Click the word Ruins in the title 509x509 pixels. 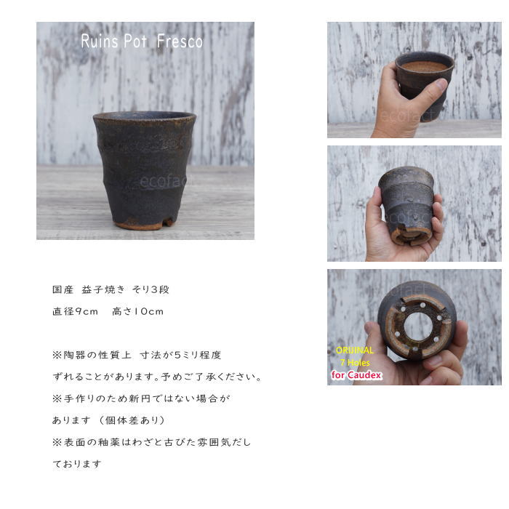tap(100, 41)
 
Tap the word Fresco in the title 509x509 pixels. tap(180, 41)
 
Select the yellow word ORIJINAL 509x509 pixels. tap(355, 350)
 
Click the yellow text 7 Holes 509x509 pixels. tap(355, 363)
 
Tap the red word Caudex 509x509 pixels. tap(364, 375)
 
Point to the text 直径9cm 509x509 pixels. tap(75, 311)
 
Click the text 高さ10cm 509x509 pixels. tap(137, 311)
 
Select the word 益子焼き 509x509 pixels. tap(103, 289)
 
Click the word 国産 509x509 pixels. tap(63, 289)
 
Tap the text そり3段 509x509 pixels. tap(151, 289)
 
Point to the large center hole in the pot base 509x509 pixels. tap(418, 326)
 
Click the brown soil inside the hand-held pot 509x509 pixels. tap(425, 66)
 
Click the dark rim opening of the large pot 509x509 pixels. tap(145, 116)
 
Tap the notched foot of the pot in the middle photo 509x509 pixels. tap(409, 235)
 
